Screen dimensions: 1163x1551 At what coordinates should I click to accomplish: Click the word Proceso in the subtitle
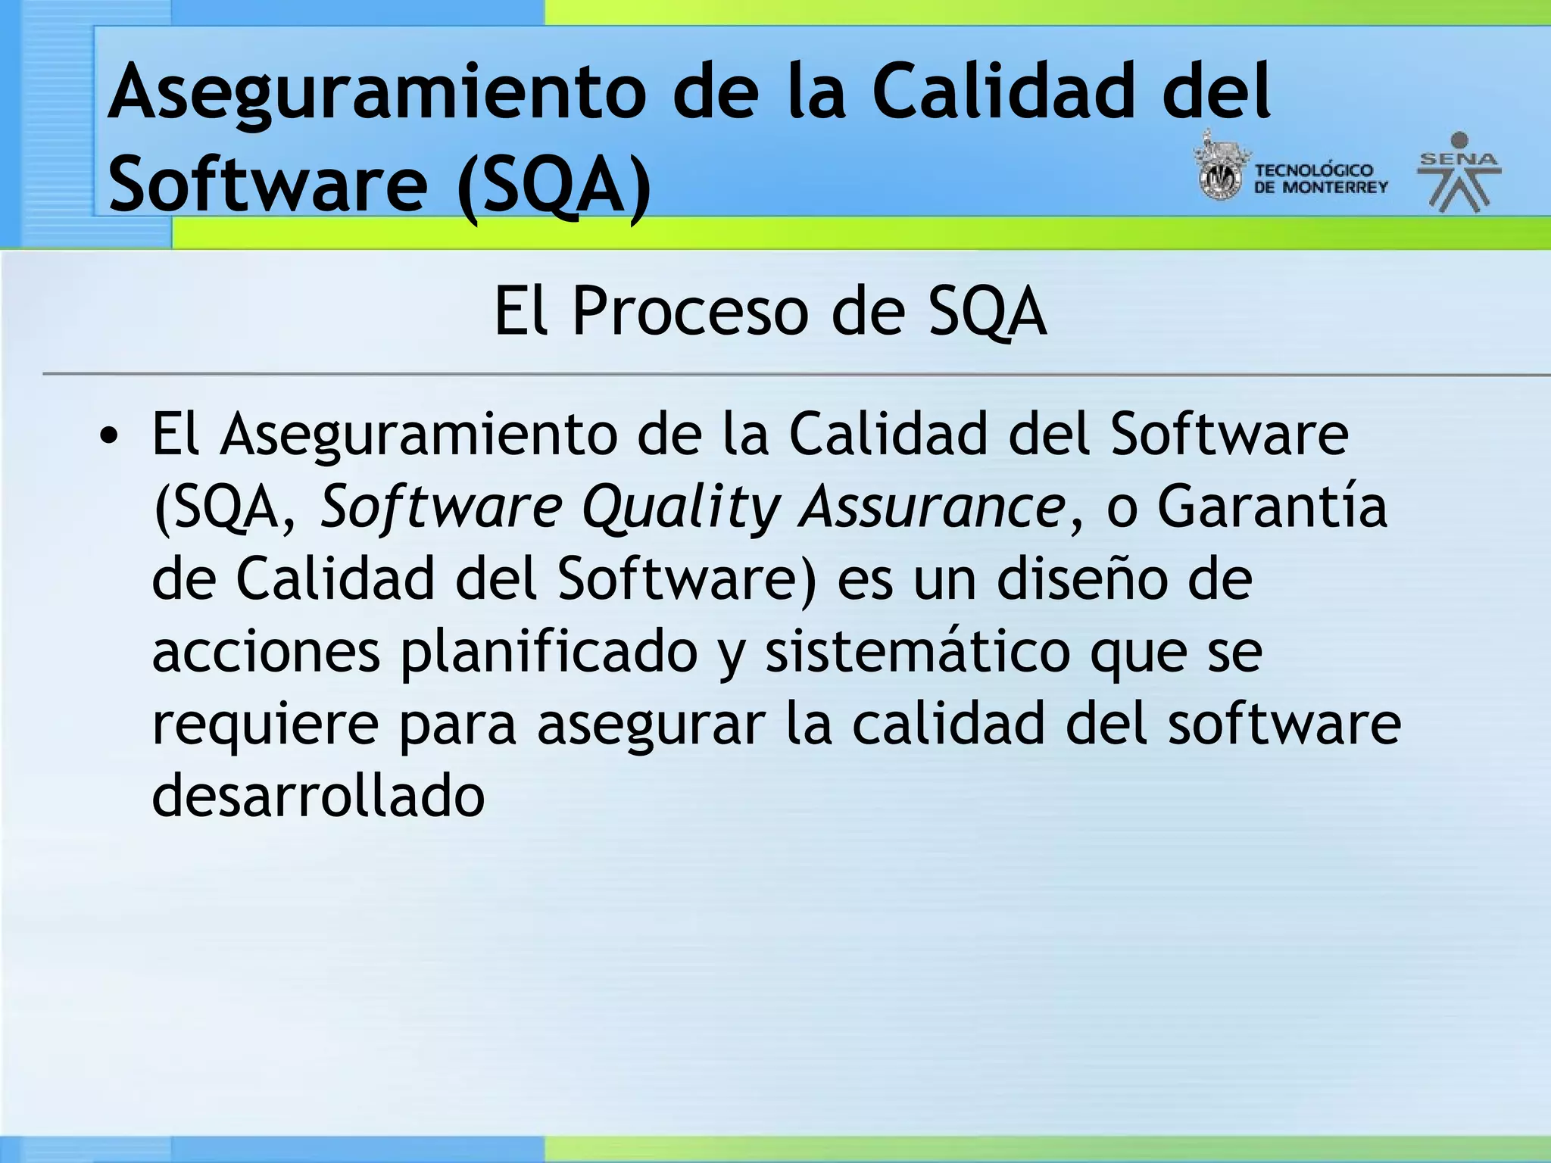tap(689, 311)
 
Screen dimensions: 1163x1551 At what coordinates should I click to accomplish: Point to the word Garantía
tap(1272, 507)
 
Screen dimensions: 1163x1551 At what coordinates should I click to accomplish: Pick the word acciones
tap(266, 651)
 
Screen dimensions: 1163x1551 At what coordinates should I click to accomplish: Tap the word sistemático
tap(916, 651)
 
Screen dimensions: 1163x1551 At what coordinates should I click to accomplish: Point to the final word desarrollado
tap(318, 795)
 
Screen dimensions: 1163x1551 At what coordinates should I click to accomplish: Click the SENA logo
tap(1459, 173)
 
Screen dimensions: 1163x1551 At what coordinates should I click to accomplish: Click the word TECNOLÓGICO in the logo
tap(1314, 170)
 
